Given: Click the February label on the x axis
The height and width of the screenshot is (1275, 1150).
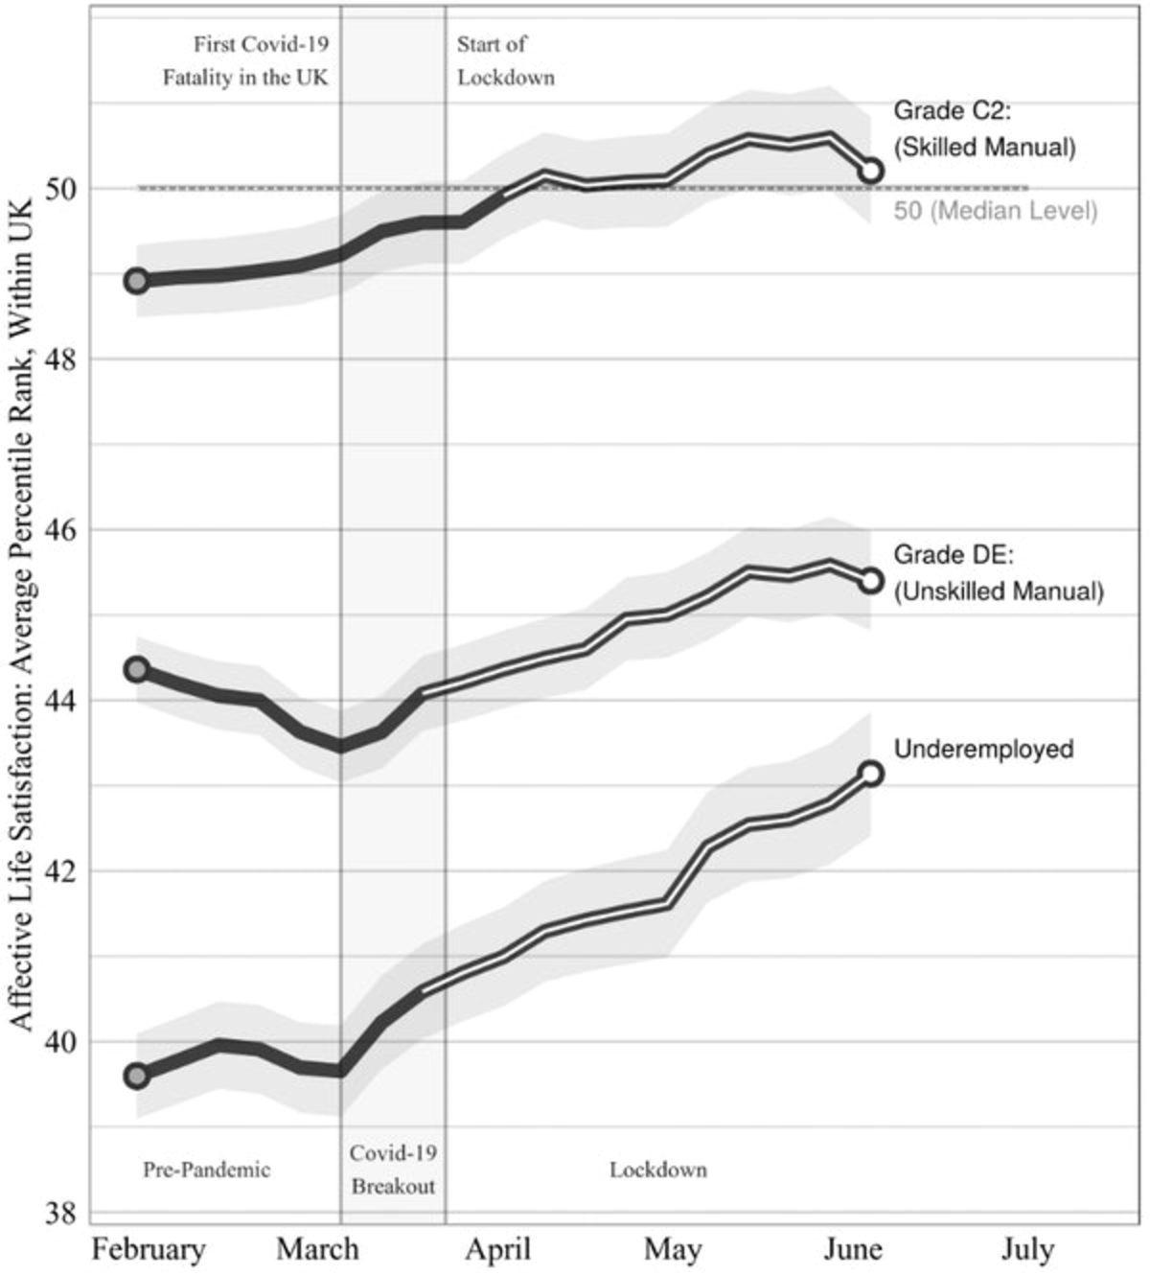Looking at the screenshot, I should click(x=149, y=1250).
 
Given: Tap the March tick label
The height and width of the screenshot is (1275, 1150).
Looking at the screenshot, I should click(x=317, y=1250).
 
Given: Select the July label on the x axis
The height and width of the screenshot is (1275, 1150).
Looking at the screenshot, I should click(x=1028, y=1250).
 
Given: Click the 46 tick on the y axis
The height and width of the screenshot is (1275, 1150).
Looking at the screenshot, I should click(x=64, y=530).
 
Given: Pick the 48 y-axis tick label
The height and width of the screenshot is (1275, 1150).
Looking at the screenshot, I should click(x=64, y=359).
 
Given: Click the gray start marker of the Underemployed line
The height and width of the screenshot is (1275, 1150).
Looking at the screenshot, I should click(x=137, y=1076).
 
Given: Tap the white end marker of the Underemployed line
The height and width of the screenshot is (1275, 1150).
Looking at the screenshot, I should click(x=871, y=774).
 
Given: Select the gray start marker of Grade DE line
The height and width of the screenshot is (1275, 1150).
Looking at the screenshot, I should click(x=137, y=669).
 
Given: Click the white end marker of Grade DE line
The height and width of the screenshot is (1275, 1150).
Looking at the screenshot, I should click(x=871, y=580).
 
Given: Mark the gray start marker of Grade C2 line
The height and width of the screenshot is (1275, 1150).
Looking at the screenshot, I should click(x=137, y=281).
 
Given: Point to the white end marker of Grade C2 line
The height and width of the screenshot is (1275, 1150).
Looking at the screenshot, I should click(x=871, y=171).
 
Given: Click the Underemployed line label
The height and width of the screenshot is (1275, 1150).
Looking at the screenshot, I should click(x=983, y=749).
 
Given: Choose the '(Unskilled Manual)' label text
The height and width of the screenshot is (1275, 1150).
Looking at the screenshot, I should click(x=999, y=591).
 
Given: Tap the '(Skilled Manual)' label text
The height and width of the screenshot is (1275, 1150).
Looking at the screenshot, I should click(x=984, y=148).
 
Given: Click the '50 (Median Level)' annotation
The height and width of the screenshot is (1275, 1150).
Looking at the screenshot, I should click(x=995, y=211).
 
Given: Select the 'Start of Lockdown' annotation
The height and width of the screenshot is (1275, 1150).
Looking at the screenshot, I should click(x=505, y=60).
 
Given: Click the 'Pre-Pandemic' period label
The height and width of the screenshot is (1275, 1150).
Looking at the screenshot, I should click(x=207, y=1170).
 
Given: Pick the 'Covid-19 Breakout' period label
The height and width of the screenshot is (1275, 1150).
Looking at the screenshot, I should click(x=393, y=1170).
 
